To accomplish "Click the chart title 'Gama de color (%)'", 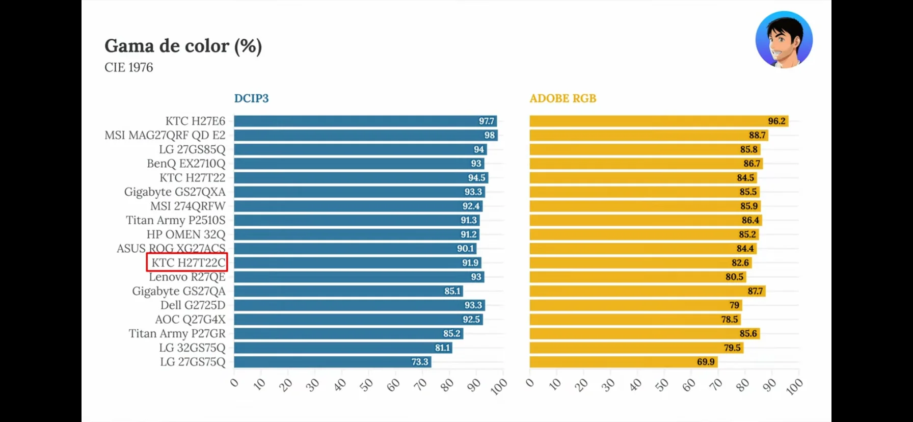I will tap(183, 46).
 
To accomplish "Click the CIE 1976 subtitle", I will tap(128, 67).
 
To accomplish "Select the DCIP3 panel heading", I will tap(251, 98).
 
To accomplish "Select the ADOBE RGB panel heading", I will tap(562, 98).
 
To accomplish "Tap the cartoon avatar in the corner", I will tap(784, 40).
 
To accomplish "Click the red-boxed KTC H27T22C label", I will tap(187, 262).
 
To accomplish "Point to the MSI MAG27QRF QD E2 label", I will tap(165, 135).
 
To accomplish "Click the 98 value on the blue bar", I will tap(489, 135).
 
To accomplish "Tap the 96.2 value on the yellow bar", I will tap(776, 121).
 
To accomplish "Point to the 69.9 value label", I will tap(706, 362).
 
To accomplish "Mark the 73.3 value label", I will tap(420, 362).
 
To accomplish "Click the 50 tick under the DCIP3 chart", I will tap(366, 385).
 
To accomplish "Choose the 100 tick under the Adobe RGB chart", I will tap(794, 387).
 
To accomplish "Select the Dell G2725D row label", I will tap(193, 305).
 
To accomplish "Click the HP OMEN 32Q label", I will tap(185, 234).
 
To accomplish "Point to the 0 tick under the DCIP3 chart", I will tap(234, 383).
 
